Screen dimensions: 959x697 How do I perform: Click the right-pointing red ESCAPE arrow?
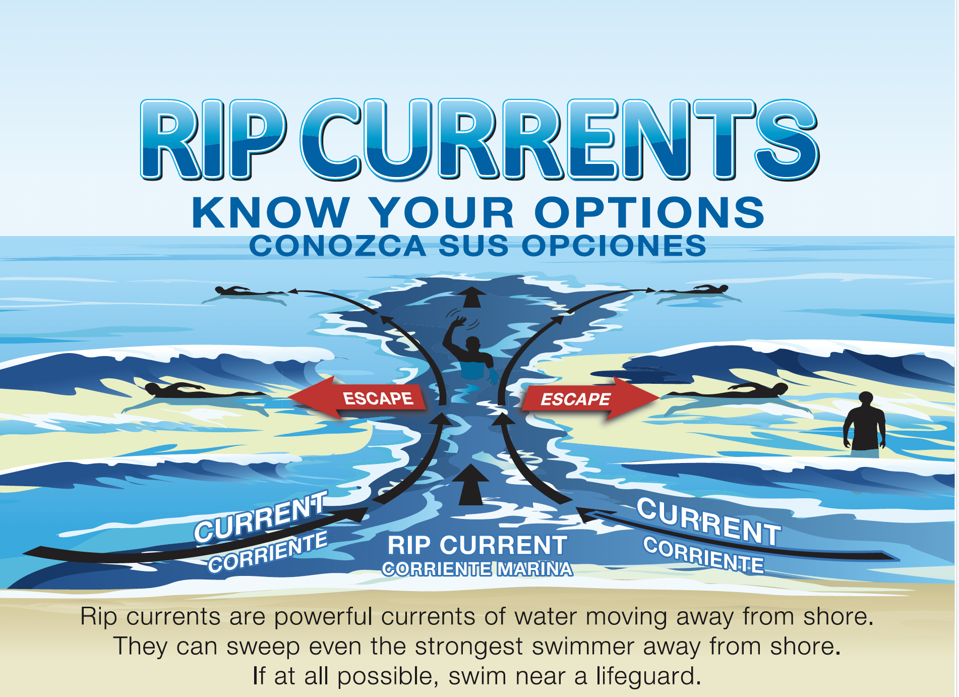(590, 398)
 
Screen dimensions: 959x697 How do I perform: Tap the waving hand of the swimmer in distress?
(459, 321)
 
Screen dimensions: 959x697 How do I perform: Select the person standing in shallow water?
(865, 424)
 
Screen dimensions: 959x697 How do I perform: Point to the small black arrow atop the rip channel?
(471, 297)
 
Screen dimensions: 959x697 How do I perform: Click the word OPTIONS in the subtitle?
(649, 212)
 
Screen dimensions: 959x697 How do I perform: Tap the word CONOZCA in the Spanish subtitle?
(338, 246)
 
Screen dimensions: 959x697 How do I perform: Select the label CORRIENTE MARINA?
(477, 569)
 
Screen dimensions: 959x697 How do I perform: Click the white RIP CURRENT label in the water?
(477, 545)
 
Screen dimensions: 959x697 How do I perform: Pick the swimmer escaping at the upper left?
(247, 292)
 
